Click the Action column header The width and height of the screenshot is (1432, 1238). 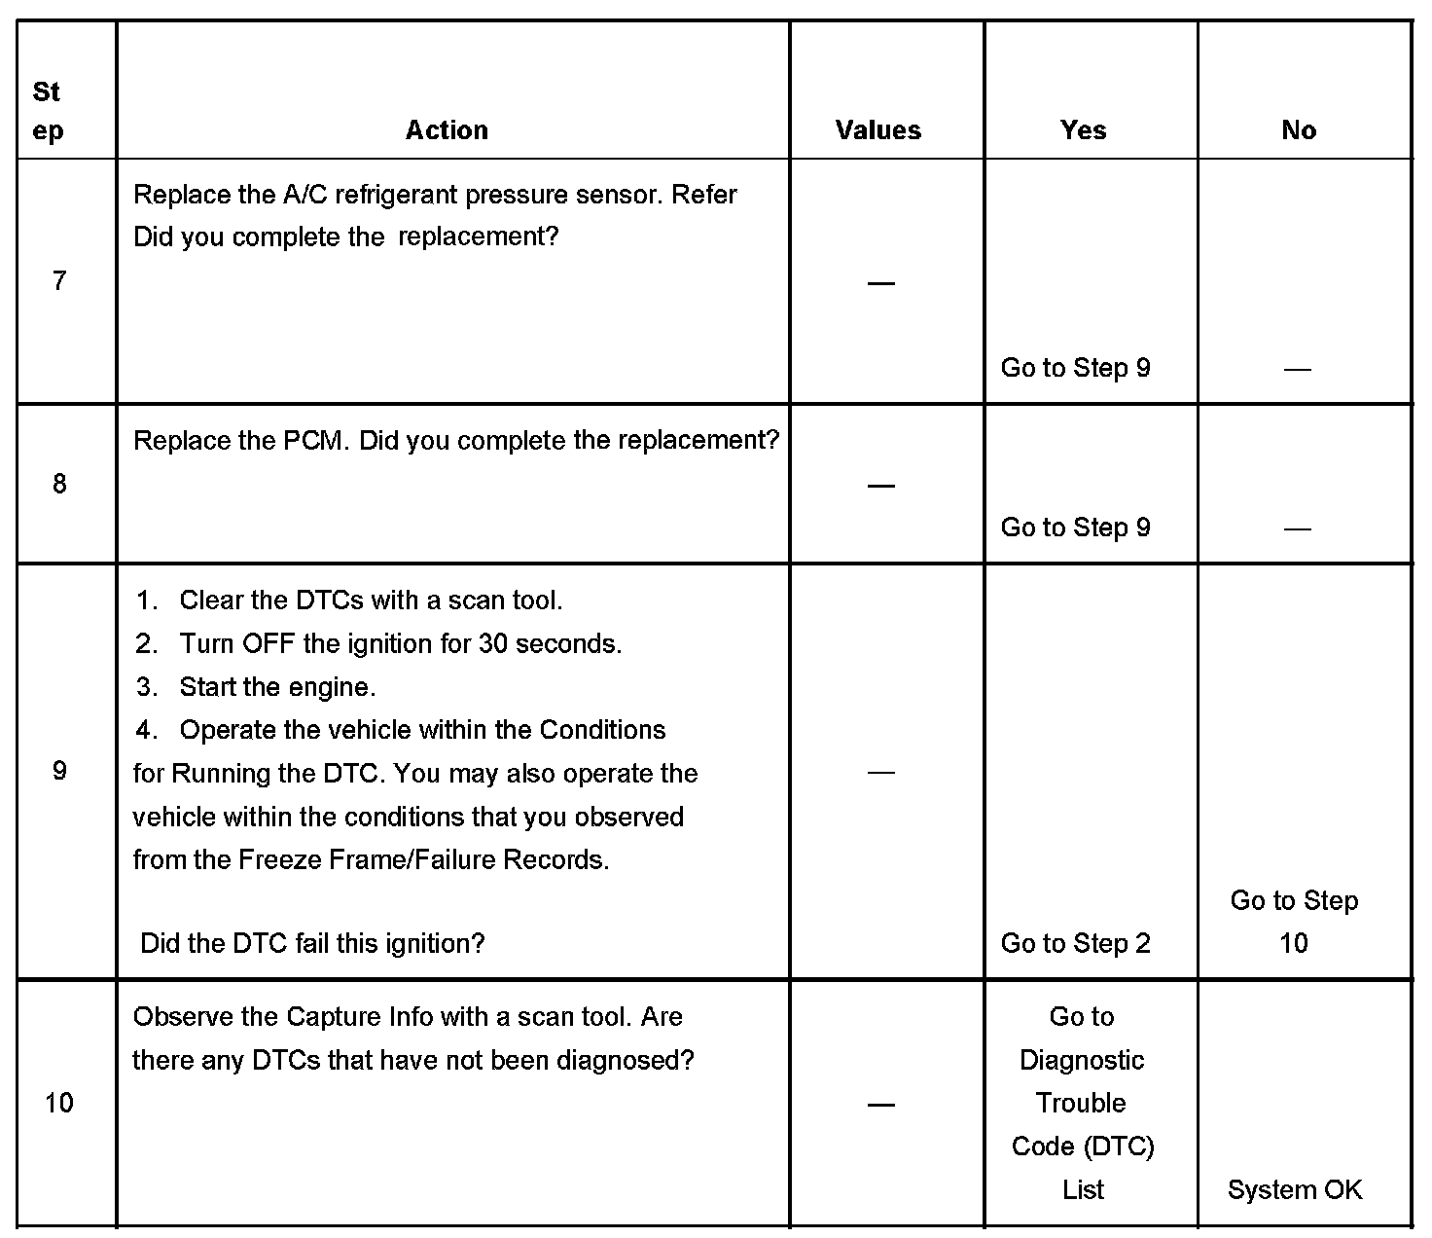(x=447, y=130)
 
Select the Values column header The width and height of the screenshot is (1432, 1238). (x=877, y=130)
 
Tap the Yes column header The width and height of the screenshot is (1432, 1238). (x=1083, y=130)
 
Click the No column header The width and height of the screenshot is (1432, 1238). (x=1299, y=130)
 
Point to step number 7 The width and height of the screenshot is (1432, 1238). (x=59, y=281)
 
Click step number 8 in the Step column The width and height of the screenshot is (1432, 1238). (x=59, y=484)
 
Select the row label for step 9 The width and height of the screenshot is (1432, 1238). (x=59, y=772)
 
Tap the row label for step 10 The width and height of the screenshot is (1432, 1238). (x=59, y=1103)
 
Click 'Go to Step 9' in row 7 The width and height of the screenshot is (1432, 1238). (x=1075, y=368)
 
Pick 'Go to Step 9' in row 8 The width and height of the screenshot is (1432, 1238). (x=1075, y=528)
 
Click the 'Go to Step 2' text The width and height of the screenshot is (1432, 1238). (x=1075, y=943)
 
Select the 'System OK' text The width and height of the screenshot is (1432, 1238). (x=1295, y=1189)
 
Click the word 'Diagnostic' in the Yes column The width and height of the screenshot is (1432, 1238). (x=1082, y=1060)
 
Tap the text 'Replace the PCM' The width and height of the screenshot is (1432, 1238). (x=238, y=441)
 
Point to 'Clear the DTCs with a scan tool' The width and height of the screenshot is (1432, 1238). (x=371, y=601)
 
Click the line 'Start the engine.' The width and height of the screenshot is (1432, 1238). (x=277, y=687)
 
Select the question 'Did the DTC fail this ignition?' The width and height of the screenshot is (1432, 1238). (x=312, y=943)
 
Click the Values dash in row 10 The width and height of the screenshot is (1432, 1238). (x=880, y=1104)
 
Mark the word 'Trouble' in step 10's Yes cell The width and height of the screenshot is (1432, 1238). (x=1081, y=1103)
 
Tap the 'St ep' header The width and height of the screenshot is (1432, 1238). (x=47, y=111)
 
